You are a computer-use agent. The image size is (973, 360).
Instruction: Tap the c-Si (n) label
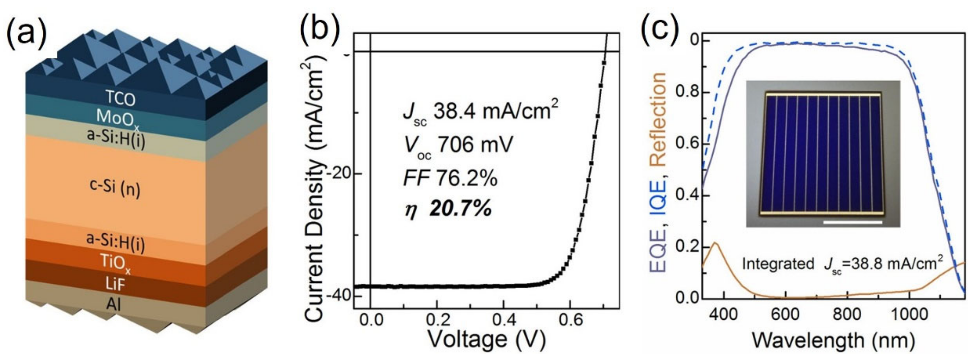point(115,188)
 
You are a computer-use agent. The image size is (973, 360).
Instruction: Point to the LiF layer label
point(115,284)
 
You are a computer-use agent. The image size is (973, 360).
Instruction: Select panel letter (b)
point(319,27)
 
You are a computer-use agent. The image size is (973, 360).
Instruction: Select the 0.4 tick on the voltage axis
point(503,321)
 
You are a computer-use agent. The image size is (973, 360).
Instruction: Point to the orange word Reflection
point(659,120)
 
